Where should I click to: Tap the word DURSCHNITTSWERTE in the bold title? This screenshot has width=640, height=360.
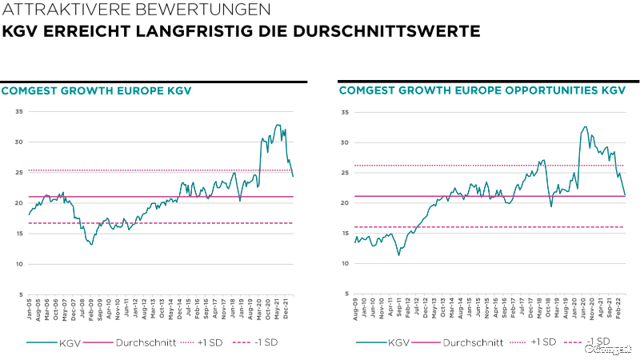click(401, 32)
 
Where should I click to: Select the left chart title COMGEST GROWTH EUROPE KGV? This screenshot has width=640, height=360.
click(97, 90)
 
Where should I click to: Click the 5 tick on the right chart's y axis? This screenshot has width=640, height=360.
click(346, 294)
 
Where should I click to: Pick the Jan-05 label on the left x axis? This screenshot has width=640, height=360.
click(29, 309)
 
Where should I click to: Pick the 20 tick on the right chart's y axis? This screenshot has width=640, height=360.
click(344, 203)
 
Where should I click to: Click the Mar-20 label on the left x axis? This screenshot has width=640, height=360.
click(259, 309)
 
